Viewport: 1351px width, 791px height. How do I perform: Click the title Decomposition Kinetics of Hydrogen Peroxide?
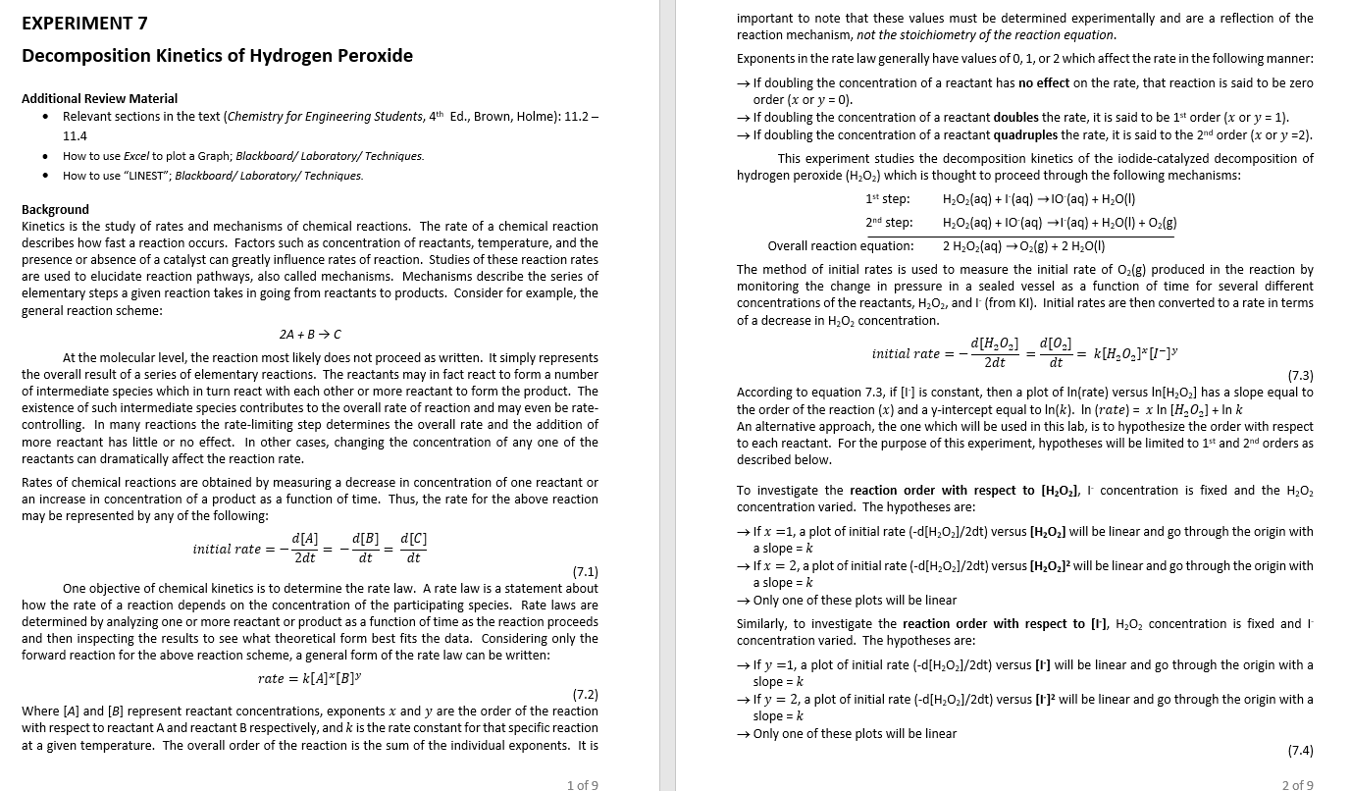tap(217, 55)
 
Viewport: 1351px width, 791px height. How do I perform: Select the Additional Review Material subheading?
tap(99, 98)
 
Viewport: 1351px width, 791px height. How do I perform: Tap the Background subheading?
tap(55, 209)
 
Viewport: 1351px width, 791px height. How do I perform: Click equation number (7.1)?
tap(585, 572)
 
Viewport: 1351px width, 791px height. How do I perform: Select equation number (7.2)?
tap(585, 695)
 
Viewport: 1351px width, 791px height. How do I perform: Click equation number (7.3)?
tap(1300, 376)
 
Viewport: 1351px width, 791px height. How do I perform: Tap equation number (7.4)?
tap(1300, 751)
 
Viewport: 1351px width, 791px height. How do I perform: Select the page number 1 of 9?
tap(582, 784)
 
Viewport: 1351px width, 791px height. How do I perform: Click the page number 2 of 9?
tap(1297, 784)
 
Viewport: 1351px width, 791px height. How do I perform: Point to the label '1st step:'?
tap(888, 199)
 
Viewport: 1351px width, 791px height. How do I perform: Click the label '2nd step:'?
tap(888, 223)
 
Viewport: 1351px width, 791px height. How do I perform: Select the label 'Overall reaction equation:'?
tap(840, 246)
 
